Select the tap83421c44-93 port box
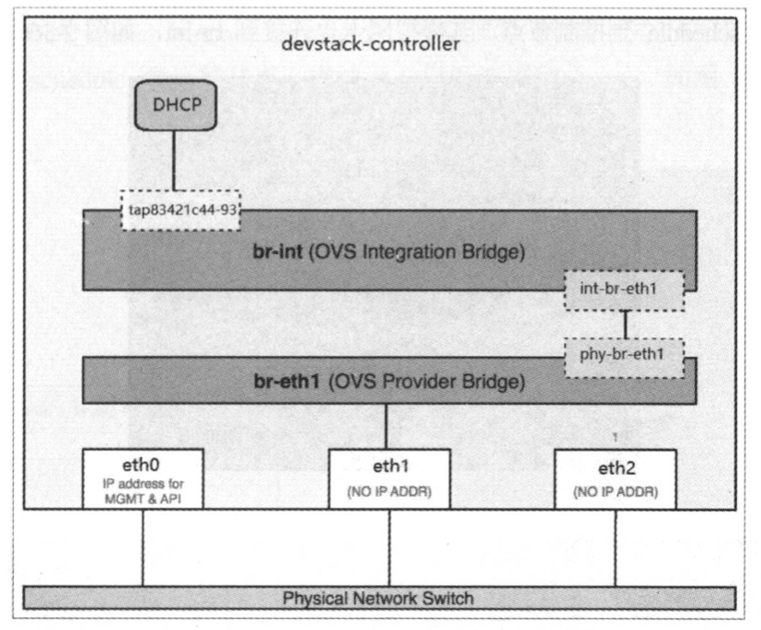pyautogui.click(x=180, y=209)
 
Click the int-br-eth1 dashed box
pyautogui.click(x=626, y=290)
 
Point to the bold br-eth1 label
pyautogui.click(x=283, y=379)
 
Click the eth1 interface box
pyautogui.click(x=389, y=478)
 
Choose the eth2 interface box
pyautogui.click(x=615, y=478)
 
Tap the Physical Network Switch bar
pyautogui.click(x=379, y=599)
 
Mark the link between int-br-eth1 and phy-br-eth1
pyautogui.click(x=626, y=324)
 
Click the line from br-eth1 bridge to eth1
pyautogui.click(x=389, y=426)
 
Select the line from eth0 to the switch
pyautogui.click(x=142, y=547)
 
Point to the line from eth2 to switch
pyautogui.click(x=615, y=547)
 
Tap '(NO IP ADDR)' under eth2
pyautogui.click(x=615, y=490)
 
